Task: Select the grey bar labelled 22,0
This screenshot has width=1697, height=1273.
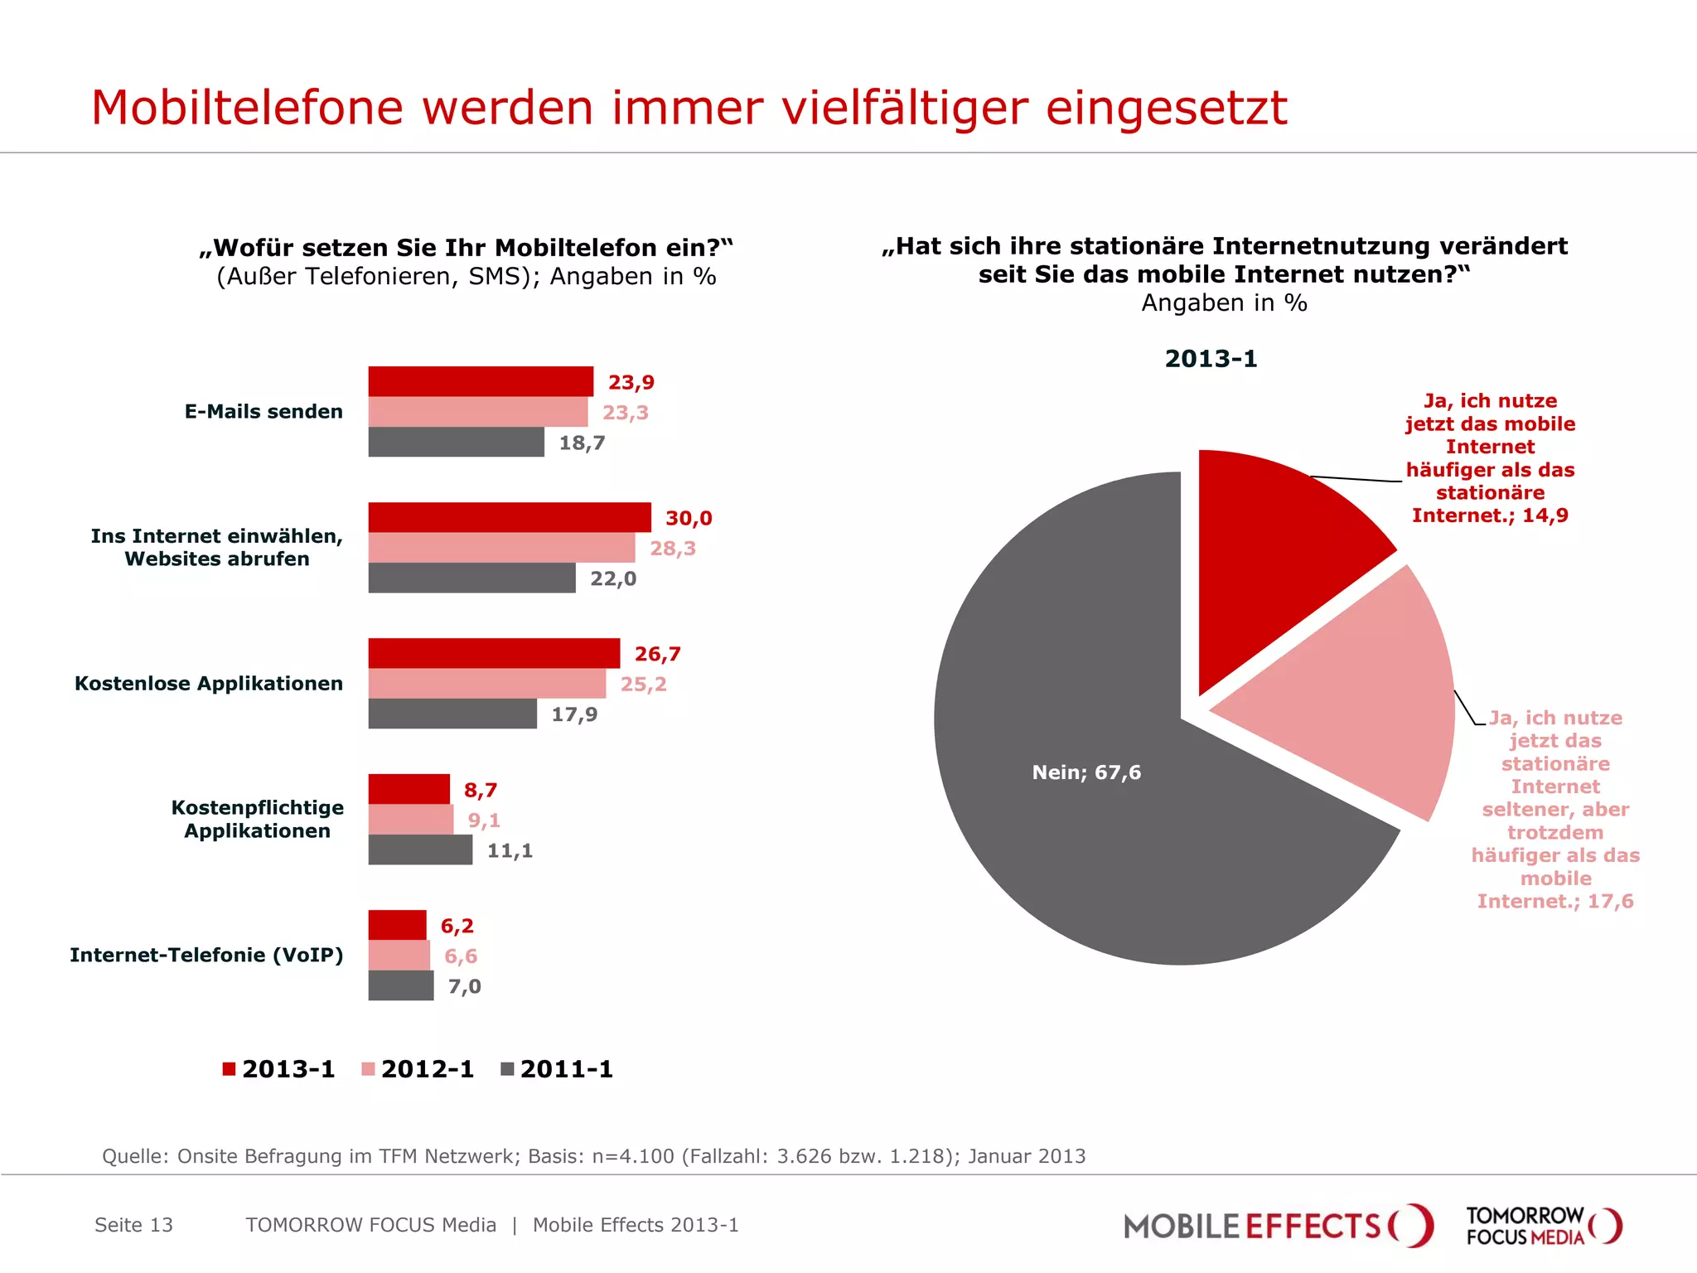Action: click(x=471, y=578)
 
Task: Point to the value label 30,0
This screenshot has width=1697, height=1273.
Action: click(x=689, y=519)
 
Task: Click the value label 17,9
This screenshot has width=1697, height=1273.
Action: click(x=574, y=714)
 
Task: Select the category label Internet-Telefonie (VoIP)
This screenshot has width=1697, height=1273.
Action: click(x=206, y=956)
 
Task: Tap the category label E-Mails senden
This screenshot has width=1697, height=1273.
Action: click(x=263, y=412)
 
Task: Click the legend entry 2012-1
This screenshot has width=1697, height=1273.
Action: click(x=418, y=1069)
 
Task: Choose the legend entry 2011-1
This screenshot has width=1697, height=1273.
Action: click(x=558, y=1069)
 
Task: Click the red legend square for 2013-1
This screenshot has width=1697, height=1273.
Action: click(x=230, y=1069)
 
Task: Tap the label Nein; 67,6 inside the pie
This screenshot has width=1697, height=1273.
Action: click(x=1086, y=772)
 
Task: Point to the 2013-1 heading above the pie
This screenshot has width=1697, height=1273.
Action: click(x=1211, y=359)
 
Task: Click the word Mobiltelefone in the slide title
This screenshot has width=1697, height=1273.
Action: click(x=248, y=108)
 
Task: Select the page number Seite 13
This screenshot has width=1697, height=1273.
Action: click(x=133, y=1225)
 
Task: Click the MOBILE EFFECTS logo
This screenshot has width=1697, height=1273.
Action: click(x=1277, y=1226)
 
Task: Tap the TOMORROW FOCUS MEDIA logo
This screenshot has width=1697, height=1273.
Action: click(x=1543, y=1226)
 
